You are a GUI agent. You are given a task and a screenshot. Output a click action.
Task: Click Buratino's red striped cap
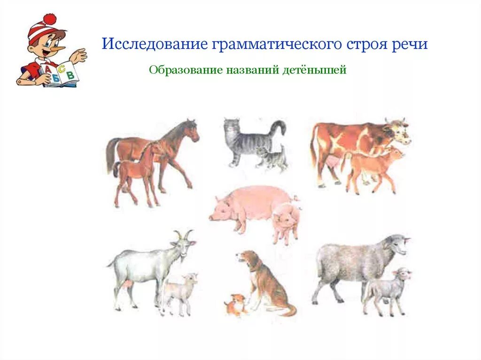(x=42, y=28)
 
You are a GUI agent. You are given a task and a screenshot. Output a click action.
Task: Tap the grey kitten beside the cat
(x=272, y=158)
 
